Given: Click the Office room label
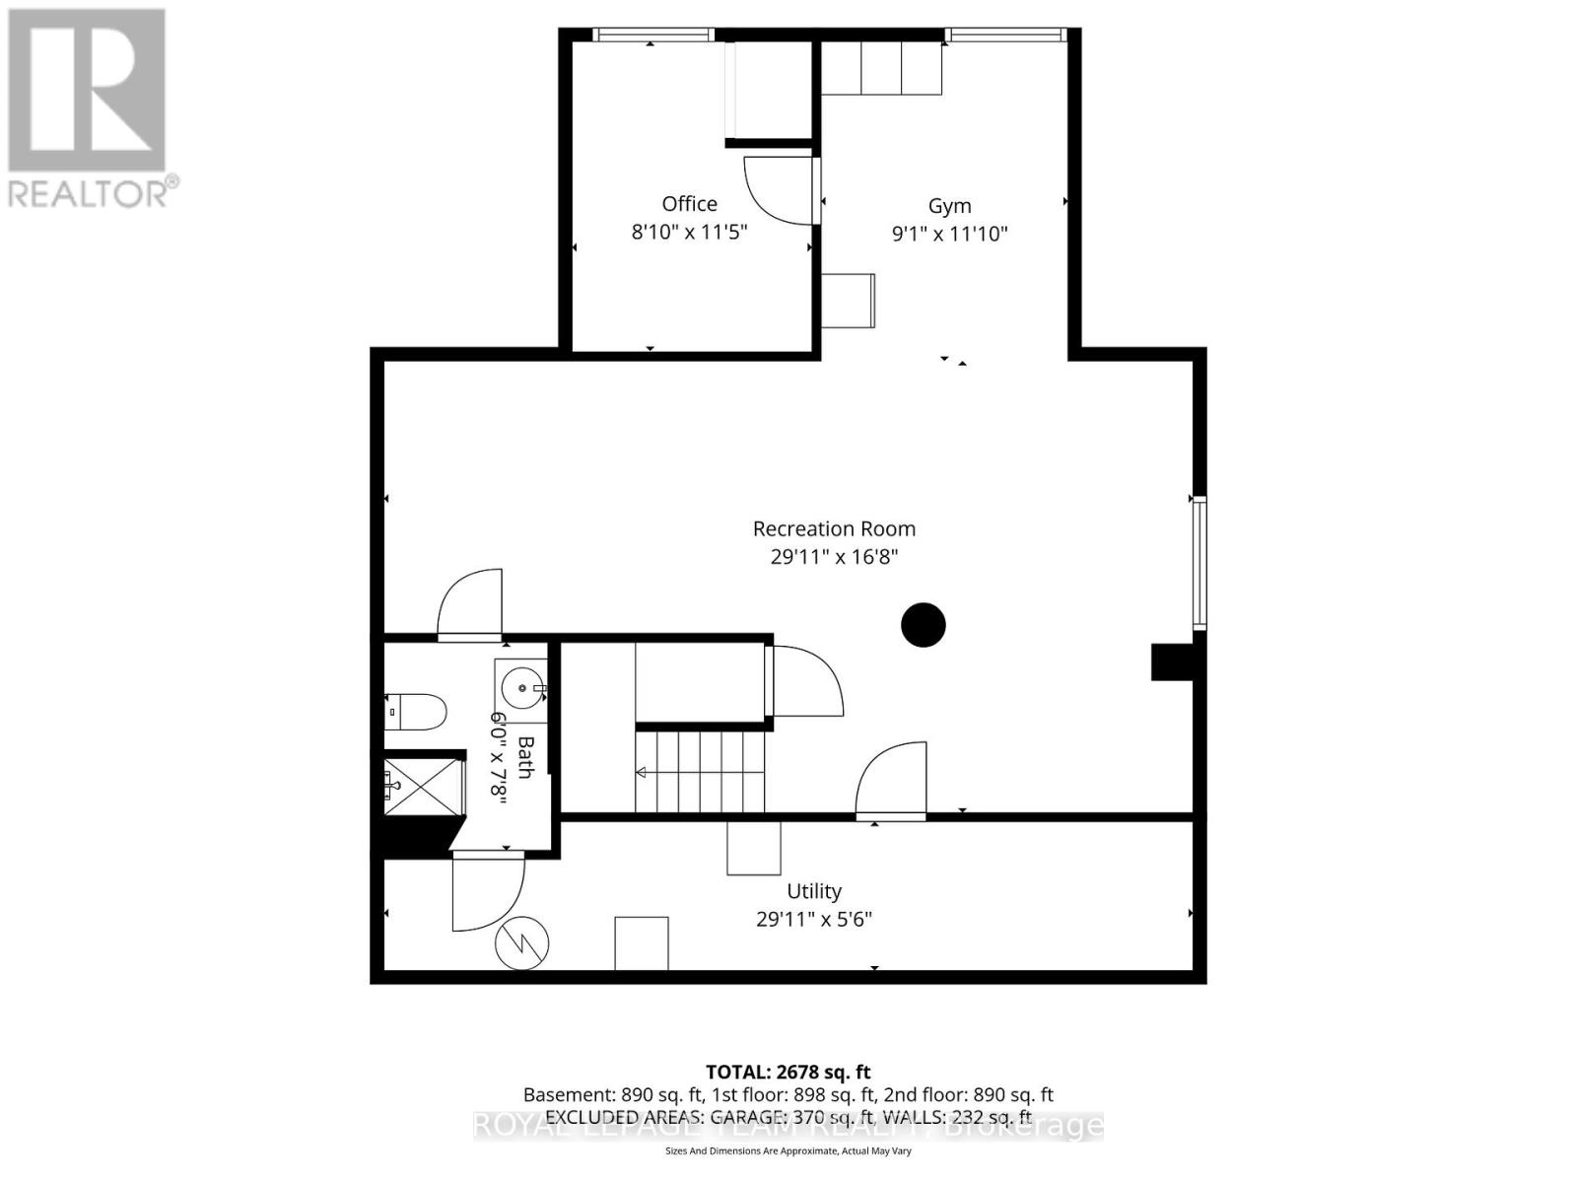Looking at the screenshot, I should click(689, 204).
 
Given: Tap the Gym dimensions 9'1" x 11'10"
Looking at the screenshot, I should click(949, 234).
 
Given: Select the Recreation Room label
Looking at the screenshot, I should click(834, 528).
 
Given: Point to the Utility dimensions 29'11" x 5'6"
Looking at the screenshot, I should click(814, 919).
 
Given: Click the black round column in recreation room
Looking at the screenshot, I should click(924, 624).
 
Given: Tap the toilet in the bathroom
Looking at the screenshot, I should click(416, 711).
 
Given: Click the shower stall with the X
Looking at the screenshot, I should click(423, 786).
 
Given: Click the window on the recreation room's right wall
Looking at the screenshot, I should click(1200, 563).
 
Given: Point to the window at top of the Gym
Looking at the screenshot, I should click(1005, 35).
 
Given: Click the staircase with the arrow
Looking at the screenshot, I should click(700, 772).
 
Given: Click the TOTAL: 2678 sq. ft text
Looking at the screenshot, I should click(788, 1072).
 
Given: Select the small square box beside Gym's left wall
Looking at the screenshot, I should click(849, 301).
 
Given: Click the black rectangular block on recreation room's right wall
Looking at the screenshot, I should click(1172, 661).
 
